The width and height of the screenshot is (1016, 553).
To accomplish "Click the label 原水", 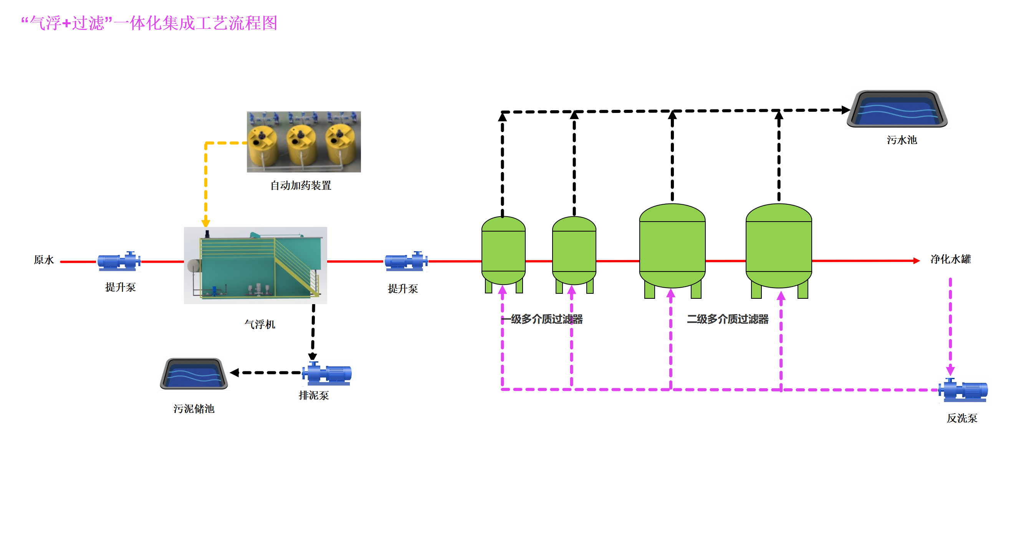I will (43, 260).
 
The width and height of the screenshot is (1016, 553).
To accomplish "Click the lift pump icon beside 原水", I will (119, 261).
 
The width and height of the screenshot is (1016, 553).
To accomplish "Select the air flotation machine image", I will (255, 265).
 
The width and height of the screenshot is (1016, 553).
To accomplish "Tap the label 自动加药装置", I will (301, 185).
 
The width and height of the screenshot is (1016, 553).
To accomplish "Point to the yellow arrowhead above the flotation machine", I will (205, 223).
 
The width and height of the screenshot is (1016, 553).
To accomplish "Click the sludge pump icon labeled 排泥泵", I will (328, 373).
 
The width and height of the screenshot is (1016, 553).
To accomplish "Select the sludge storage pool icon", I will (194, 374).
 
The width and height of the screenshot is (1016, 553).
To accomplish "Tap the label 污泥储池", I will (194, 409).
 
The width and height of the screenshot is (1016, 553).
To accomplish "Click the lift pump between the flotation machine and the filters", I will (406, 261).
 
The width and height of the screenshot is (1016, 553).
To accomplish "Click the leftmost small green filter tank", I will (503, 252).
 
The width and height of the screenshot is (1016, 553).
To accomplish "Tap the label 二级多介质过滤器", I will (727, 319).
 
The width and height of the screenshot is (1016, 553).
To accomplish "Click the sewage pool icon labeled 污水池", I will (897, 109).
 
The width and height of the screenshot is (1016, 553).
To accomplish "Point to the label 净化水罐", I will (950, 259).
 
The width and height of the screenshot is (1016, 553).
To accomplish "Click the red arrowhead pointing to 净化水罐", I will (917, 260).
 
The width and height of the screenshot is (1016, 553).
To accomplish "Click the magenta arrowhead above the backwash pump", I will (950, 370).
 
